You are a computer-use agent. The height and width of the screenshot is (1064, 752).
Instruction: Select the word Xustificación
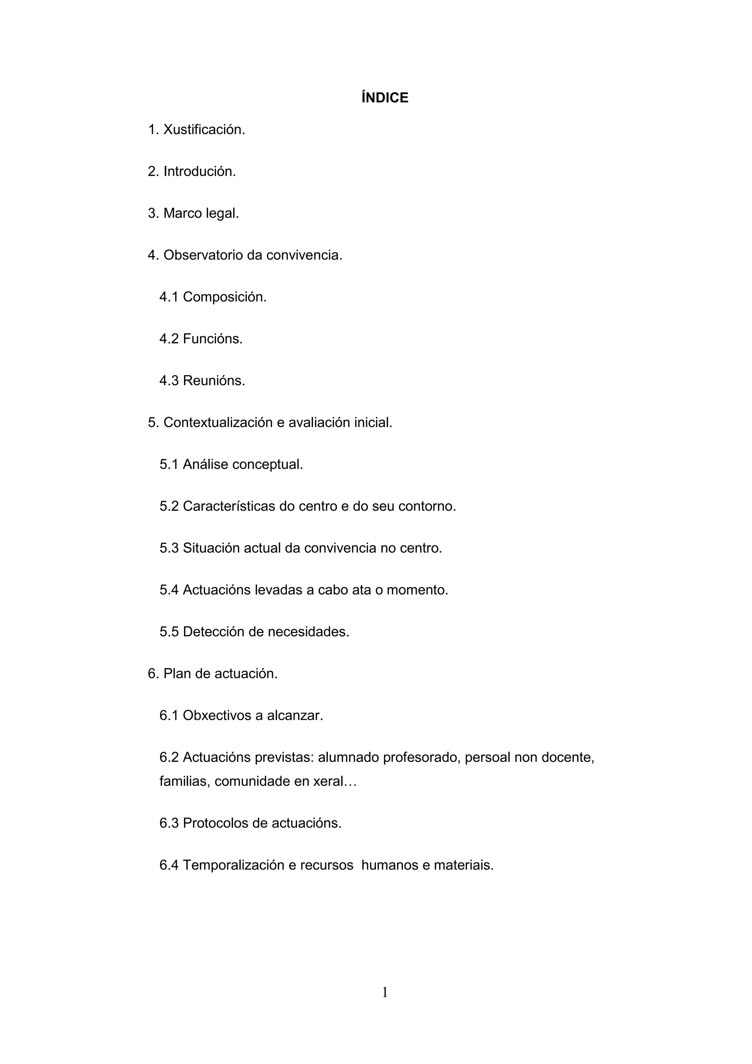(x=204, y=130)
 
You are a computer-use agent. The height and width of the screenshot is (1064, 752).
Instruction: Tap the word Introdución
(x=199, y=171)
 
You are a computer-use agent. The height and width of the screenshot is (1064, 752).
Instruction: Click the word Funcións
(x=213, y=339)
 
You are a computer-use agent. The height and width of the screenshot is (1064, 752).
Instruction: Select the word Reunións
(x=214, y=380)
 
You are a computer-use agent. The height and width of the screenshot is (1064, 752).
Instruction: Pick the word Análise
(x=205, y=464)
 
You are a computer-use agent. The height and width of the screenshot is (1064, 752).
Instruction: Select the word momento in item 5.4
(x=417, y=590)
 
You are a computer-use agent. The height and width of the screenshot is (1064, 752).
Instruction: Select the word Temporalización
(x=234, y=865)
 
